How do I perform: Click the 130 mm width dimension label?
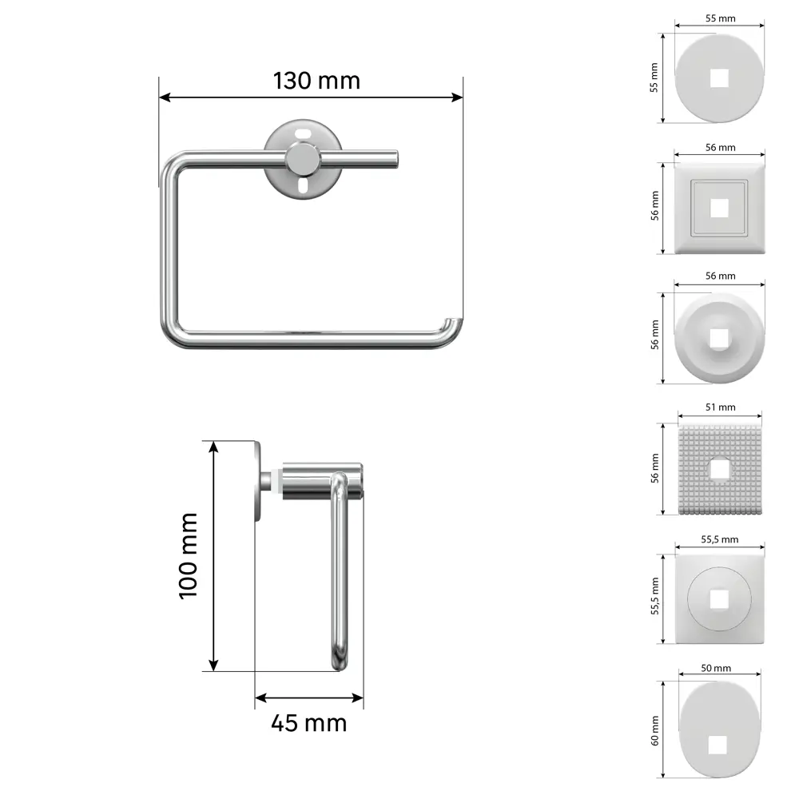[316, 81]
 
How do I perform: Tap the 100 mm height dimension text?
[188, 556]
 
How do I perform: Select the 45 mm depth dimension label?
[308, 723]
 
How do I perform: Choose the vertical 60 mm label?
[654, 730]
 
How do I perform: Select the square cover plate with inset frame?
[720, 208]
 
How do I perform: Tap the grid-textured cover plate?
[720, 470]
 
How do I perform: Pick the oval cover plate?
[720, 729]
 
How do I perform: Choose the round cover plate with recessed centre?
[720, 338]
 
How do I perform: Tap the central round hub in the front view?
[304, 159]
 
